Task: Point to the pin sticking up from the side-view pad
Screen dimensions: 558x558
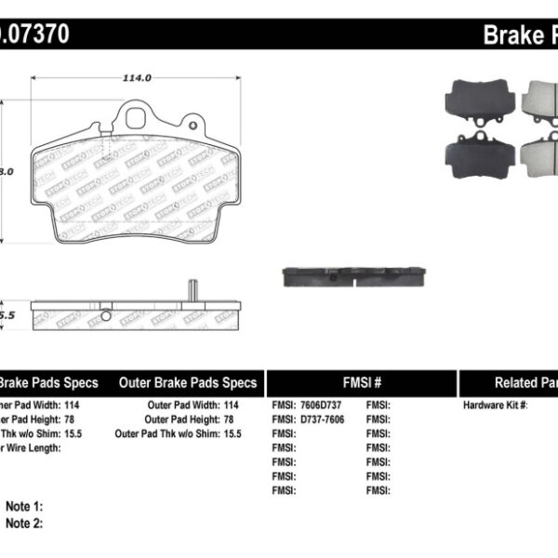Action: [x=191, y=289]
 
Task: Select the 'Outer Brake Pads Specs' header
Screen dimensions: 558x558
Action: [x=188, y=382]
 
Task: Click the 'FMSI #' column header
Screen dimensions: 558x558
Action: [x=360, y=382]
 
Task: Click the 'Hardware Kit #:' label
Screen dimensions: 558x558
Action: [x=496, y=405]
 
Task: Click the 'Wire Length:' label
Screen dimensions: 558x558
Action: [x=32, y=447]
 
